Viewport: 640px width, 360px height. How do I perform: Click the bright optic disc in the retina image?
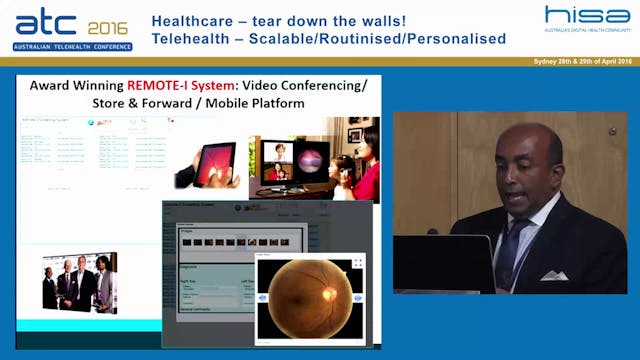pos(329,295)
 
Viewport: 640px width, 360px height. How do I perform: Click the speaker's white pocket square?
pos(554,275)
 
